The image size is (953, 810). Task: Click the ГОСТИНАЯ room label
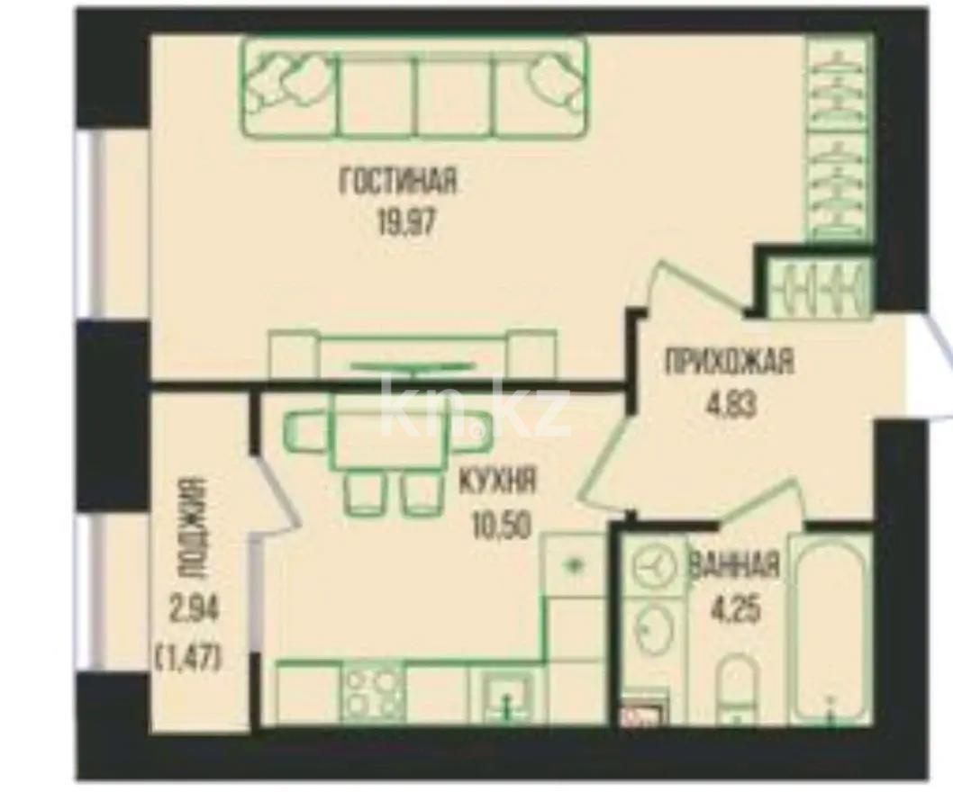pos(398,183)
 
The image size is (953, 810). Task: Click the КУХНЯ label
pos(497,481)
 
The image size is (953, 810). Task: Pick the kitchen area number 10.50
pos(497,520)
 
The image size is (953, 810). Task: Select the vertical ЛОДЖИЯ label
pos(187,526)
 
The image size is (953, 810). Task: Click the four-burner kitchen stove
pos(372,693)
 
